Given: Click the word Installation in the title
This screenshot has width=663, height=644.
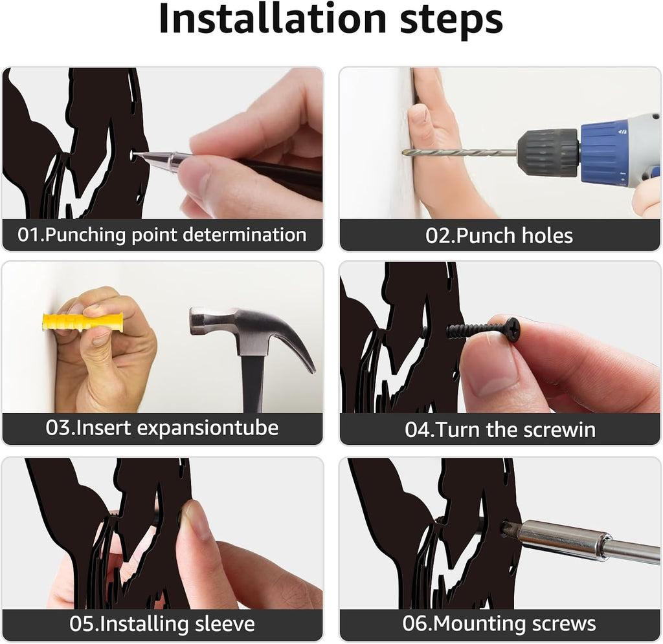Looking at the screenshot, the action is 273,19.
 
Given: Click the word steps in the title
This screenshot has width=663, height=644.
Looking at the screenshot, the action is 451,21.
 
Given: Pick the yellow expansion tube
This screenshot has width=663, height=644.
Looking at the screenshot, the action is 83,322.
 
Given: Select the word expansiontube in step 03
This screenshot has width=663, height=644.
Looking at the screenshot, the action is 208,428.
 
